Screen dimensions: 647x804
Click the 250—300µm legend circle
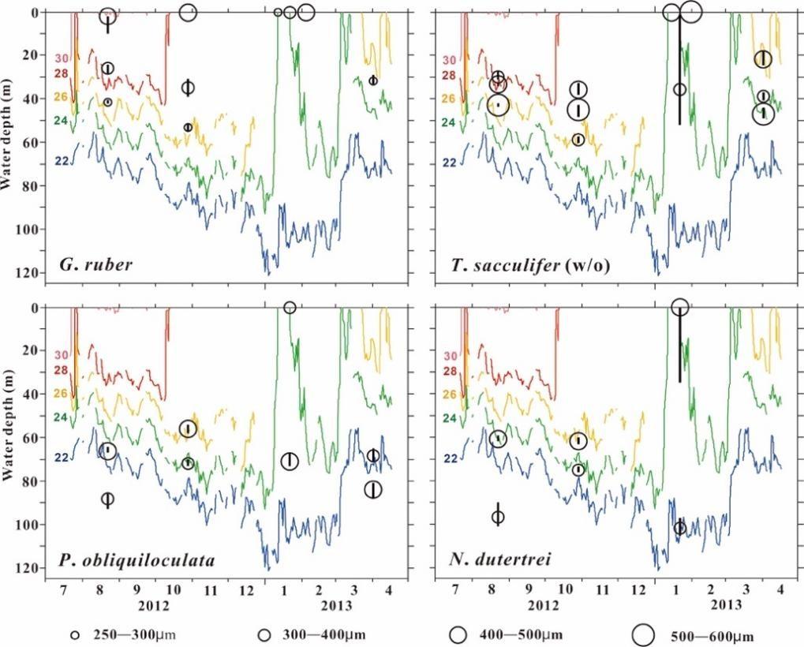click(x=76, y=634)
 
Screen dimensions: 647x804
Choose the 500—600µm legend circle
click(x=644, y=634)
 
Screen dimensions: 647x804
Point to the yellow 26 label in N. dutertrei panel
click(x=449, y=394)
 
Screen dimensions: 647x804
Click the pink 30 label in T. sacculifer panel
click(x=449, y=60)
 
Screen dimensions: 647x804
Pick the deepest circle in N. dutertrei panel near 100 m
click(x=680, y=527)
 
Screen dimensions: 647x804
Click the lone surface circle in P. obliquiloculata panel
click(x=290, y=308)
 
